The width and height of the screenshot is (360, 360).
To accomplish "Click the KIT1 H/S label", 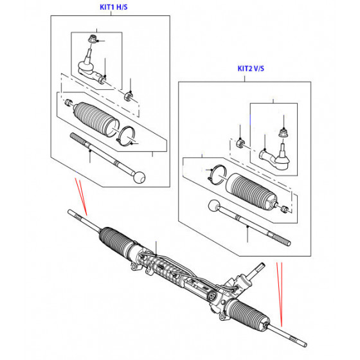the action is [x=113, y=7].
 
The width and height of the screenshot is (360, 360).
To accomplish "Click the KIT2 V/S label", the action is [x=251, y=68].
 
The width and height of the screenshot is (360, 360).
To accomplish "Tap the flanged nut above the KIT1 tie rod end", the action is [x=92, y=39].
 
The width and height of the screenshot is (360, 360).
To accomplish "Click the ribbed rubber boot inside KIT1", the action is [x=96, y=119].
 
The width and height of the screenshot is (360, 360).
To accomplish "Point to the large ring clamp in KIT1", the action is [x=125, y=136].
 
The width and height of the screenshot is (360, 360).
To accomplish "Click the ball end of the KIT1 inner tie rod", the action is [x=139, y=177].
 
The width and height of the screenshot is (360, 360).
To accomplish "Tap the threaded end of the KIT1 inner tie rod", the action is [x=78, y=138].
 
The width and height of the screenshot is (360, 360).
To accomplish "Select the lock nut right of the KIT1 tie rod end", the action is [x=129, y=96].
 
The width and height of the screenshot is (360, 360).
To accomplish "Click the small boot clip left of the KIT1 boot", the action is [x=68, y=102].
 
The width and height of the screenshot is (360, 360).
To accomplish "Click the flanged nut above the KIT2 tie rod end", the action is [x=283, y=133].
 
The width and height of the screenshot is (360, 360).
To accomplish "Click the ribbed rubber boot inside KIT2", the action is [x=251, y=192].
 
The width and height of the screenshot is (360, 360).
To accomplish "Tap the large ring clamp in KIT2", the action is [x=217, y=174].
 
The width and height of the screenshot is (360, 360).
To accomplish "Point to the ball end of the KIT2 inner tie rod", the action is [x=214, y=206].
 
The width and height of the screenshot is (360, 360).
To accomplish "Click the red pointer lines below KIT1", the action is [x=81, y=197].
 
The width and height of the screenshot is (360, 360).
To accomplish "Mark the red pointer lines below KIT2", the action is [x=280, y=294].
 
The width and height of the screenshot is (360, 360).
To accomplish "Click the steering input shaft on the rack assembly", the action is [x=256, y=270].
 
